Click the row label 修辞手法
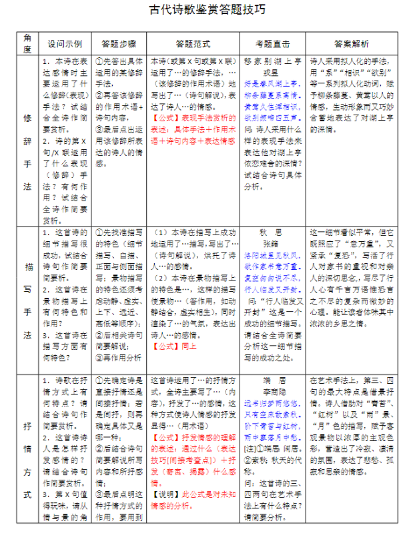(x=27, y=141)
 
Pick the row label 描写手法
(x=27, y=299)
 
